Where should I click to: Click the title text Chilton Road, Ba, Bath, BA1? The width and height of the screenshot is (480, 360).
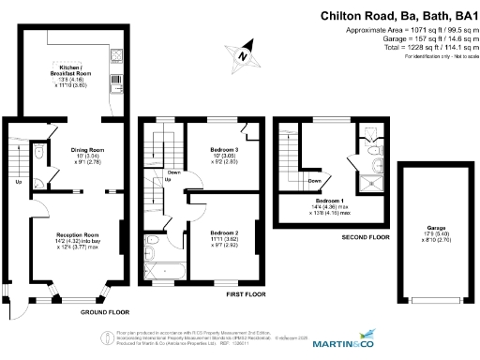coord(398,15)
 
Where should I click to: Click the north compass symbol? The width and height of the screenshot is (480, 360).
coord(243,55)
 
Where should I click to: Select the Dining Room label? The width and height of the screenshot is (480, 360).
coord(87,155)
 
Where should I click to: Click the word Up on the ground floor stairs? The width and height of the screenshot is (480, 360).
coord(19,182)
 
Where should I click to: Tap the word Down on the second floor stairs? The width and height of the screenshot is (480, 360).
coord(315,181)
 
